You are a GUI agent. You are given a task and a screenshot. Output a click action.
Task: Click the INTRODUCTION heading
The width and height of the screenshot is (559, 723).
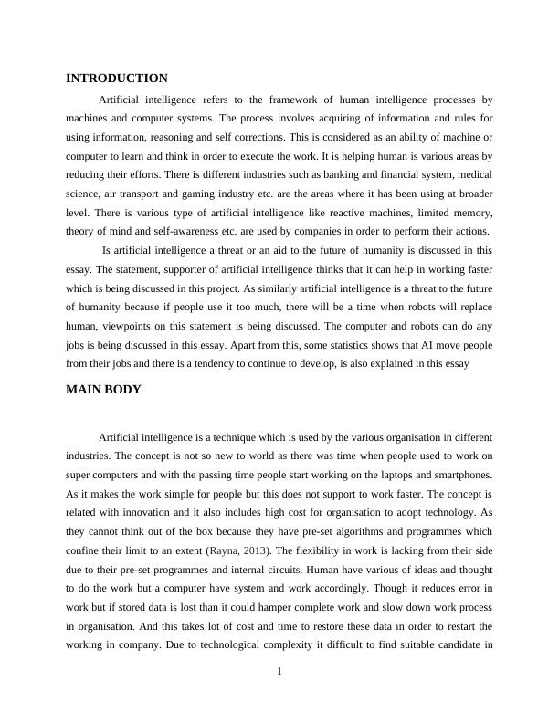pos(117,79)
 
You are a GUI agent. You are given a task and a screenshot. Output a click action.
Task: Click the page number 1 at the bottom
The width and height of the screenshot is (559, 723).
pos(279,673)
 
